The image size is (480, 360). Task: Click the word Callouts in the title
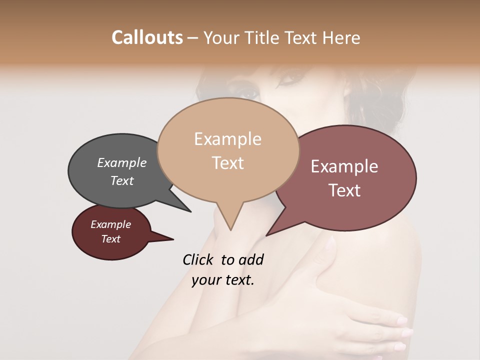point(147,37)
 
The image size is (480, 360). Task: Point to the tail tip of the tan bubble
point(230,229)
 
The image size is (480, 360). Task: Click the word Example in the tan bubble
point(228,139)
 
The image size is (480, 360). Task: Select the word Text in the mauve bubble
point(344,190)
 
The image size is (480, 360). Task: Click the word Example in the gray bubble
point(122,162)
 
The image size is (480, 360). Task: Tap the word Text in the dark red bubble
point(111,239)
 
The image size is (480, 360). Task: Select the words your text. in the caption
point(223,279)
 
